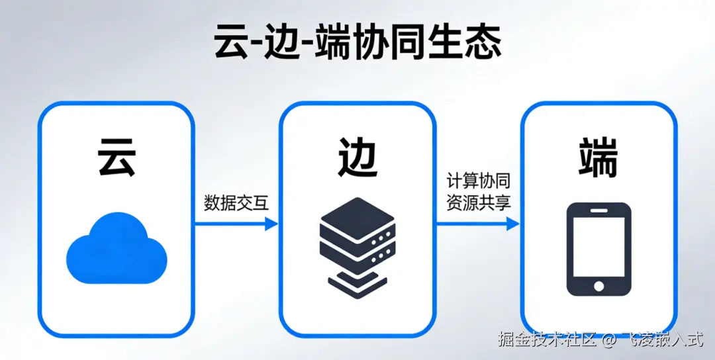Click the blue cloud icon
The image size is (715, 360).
[x=116, y=250]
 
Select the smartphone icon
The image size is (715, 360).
[x=598, y=249]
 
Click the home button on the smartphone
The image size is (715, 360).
[x=598, y=286]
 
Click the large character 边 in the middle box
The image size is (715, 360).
[x=358, y=157]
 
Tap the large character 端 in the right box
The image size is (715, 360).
[x=598, y=157]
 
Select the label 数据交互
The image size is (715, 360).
[x=236, y=203]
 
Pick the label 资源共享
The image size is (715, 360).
[x=478, y=203]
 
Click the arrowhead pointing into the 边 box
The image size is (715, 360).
[x=271, y=224]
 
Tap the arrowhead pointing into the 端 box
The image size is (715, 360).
[x=512, y=224]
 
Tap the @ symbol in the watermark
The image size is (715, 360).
[x=609, y=341]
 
